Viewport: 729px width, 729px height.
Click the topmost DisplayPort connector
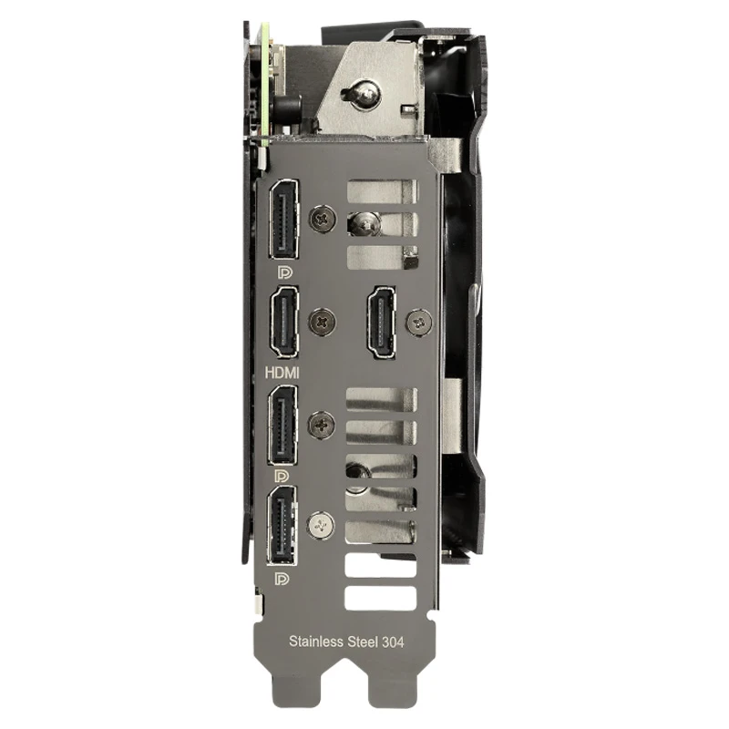click(x=283, y=219)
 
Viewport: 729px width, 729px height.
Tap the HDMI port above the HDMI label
click(x=284, y=322)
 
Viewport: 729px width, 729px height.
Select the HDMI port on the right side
click(x=382, y=323)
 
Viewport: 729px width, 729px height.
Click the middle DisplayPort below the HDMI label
click(x=282, y=425)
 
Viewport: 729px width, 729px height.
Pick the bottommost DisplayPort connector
click(x=282, y=526)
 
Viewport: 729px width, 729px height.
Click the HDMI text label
click(x=282, y=373)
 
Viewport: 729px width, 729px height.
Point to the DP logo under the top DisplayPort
click(x=284, y=272)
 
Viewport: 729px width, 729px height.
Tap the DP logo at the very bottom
click(x=282, y=579)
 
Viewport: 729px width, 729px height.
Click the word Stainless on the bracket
click(x=316, y=642)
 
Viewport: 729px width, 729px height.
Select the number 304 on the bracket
click(x=393, y=642)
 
